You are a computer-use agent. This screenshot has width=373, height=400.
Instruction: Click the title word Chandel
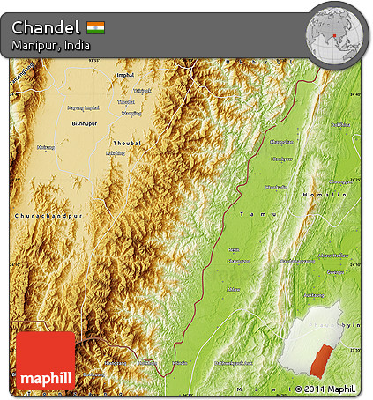click(46, 27)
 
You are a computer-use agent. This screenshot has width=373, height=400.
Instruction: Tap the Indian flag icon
click(96, 27)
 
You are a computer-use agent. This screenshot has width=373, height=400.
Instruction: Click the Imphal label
click(125, 76)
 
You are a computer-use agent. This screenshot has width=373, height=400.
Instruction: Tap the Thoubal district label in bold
click(127, 142)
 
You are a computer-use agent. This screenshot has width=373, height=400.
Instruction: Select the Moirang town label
click(44, 147)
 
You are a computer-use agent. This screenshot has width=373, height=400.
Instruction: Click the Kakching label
click(115, 153)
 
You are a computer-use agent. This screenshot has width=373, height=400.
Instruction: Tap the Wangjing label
click(131, 113)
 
